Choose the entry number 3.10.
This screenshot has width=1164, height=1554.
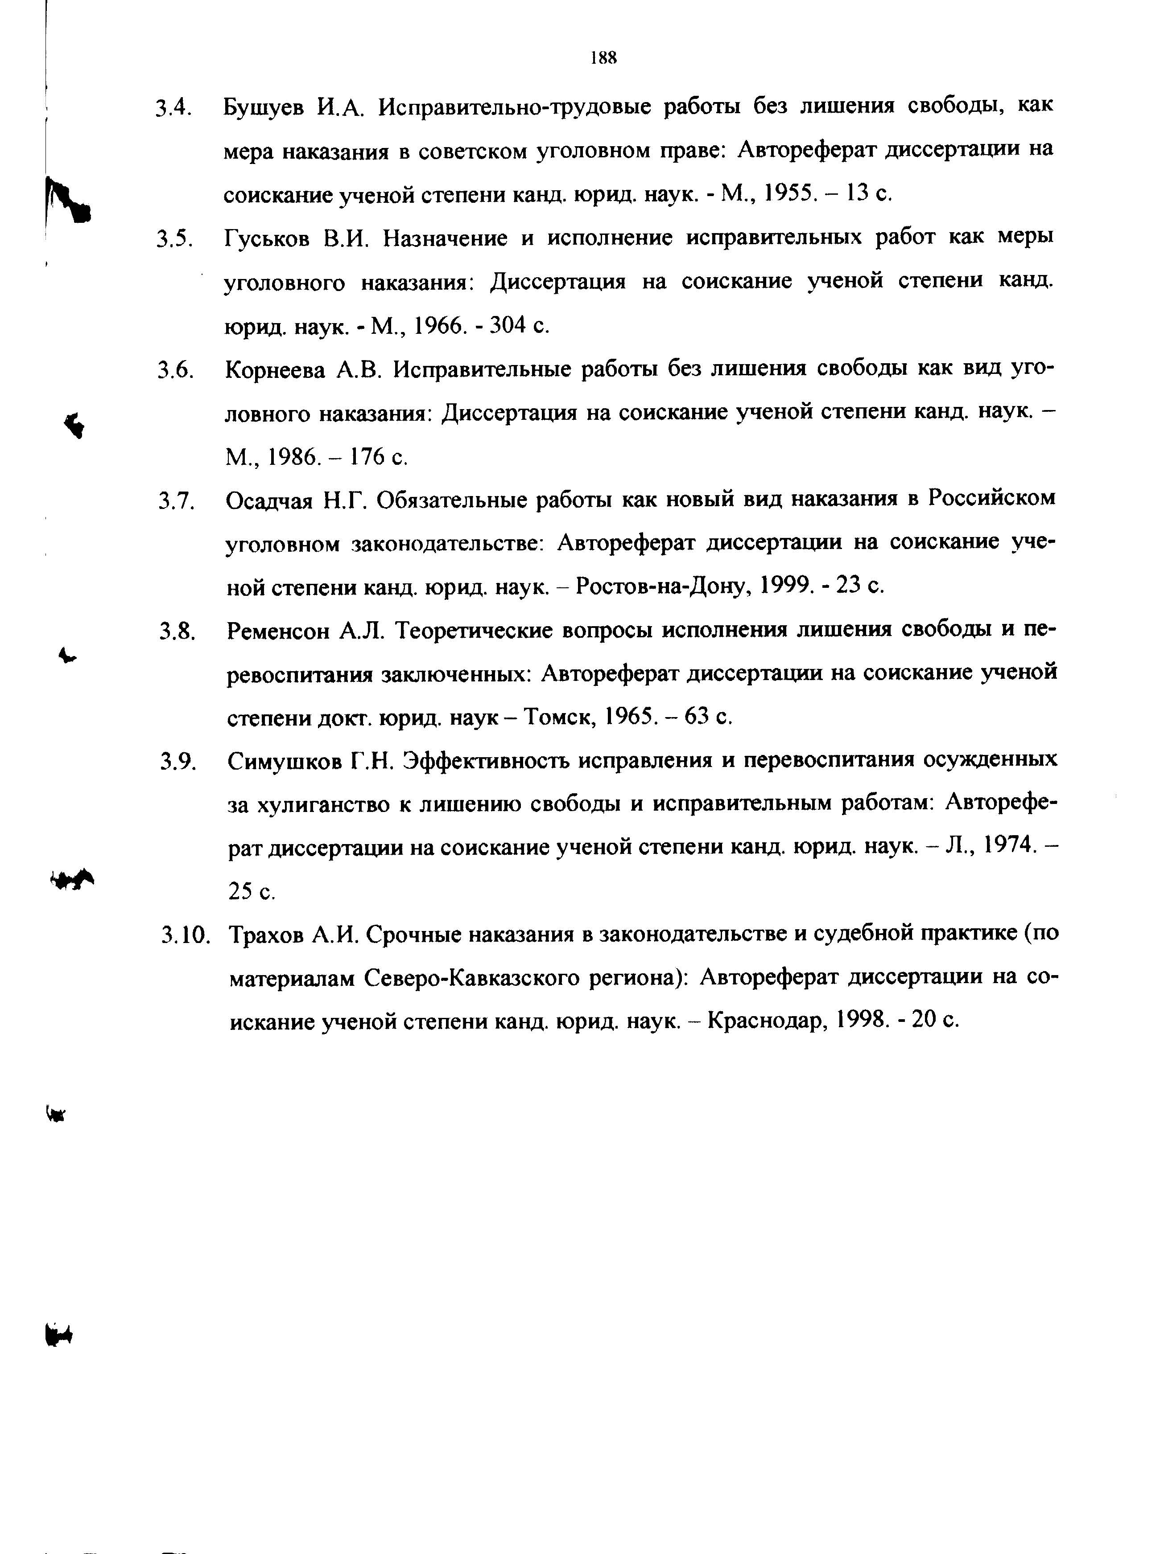pos(185,935)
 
